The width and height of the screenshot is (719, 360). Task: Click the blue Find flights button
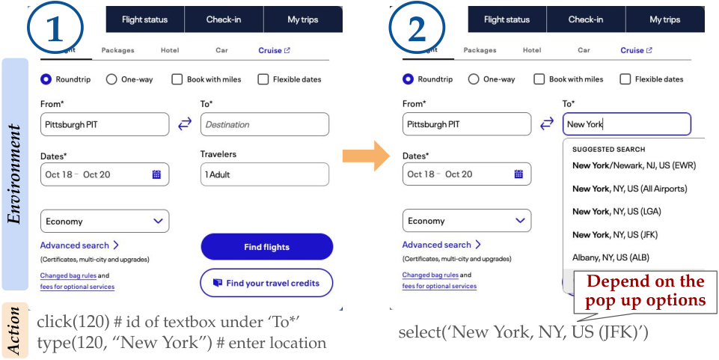tap(267, 247)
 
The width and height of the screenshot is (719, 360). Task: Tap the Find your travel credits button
tap(267, 283)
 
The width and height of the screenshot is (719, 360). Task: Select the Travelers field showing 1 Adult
tap(265, 174)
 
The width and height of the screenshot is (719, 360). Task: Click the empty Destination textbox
tap(265, 124)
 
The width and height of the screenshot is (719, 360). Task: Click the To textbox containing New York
tap(627, 123)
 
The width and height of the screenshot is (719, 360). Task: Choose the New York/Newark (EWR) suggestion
tap(634, 165)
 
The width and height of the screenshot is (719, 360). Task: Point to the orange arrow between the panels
tap(366, 156)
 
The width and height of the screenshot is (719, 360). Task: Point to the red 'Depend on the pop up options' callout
tap(646, 290)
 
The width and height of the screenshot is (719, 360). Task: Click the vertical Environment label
tap(15, 174)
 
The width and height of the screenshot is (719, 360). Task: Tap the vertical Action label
tap(15, 330)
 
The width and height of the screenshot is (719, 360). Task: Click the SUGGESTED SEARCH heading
tap(608, 150)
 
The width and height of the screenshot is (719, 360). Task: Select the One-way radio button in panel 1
tap(111, 79)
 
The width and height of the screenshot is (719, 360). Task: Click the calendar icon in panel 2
tap(518, 174)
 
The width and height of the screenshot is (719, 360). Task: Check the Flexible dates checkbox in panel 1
tap(263, 79)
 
